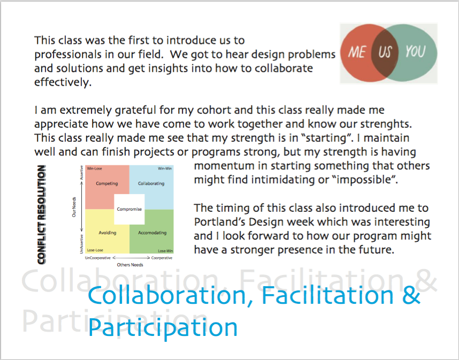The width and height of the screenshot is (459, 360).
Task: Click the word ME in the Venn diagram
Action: click(357, 52)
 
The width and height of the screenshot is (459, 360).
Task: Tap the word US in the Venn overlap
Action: click(385, 52)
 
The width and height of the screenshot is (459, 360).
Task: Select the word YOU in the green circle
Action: click(415, 51)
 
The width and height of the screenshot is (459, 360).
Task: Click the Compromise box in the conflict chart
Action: click(129, 209)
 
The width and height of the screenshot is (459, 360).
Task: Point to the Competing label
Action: click(107, 183)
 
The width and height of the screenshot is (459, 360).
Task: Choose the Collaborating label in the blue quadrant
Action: click(151, 183)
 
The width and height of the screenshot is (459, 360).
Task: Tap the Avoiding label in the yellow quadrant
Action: click(108, 233)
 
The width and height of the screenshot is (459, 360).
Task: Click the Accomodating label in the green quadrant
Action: click(152, 233)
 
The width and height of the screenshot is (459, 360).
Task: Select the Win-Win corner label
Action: click(165, 168)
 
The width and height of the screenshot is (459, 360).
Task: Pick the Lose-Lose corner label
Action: click(95, 250)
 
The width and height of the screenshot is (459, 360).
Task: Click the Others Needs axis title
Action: click(130, 265)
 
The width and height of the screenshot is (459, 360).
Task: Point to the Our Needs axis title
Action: click(74, 207)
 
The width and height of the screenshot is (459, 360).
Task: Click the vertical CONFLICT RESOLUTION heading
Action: click(42, 215)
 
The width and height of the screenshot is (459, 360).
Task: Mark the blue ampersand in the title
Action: click(411, 295)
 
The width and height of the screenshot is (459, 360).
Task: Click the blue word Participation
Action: click(163, 328)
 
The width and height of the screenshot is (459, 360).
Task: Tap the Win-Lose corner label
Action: click(94, 168)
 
